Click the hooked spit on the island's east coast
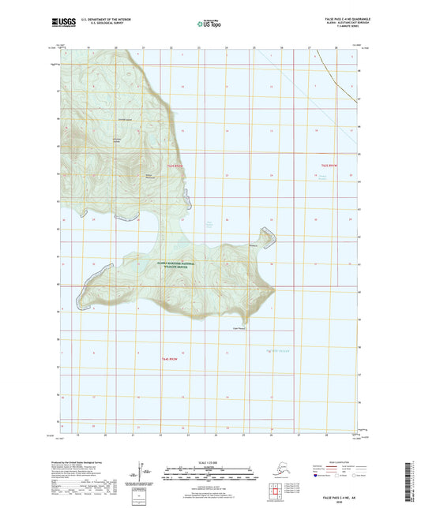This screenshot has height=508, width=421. coord(266,236)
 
